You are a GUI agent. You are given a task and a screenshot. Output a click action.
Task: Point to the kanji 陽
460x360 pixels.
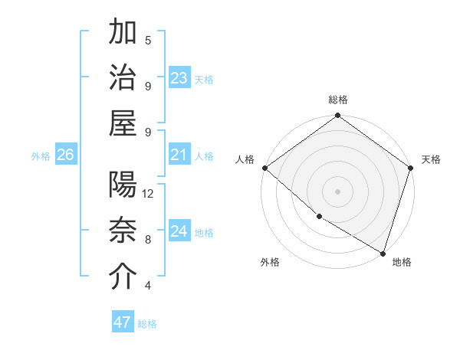pyautogui.click(x=123, y=185)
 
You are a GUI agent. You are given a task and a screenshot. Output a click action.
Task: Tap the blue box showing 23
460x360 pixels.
pyautogui.click(x=179, y=78)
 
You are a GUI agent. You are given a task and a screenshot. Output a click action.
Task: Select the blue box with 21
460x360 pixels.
pyautogui.click(x=179, y=155)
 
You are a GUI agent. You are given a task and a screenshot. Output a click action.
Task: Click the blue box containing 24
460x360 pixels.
pyautogui.click(x=179, y=231)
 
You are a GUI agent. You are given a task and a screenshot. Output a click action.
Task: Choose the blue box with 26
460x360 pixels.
pyautogui.click(x=65, y=155)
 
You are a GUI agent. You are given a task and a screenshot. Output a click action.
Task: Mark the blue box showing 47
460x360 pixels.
pyautogui.click(x=123, y=322)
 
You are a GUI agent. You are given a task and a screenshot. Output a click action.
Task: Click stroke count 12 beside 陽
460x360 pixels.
pyautogui.click(x=148, y=194)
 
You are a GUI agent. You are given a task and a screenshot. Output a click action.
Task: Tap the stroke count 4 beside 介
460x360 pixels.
pyautogui.click(x=148, y=286)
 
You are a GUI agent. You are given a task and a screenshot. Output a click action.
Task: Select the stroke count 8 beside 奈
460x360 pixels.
pyautogui.click(x=148, y=239)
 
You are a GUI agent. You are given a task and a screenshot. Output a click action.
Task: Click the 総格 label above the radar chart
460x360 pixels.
pyautogui.click(x=338, y=100)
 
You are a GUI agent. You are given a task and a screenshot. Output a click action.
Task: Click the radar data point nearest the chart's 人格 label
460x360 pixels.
pyautogui.click(x=264, y=168)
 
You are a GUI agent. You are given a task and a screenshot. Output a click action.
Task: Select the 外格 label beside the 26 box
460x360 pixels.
pyautogui.click(x=41, y=156)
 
